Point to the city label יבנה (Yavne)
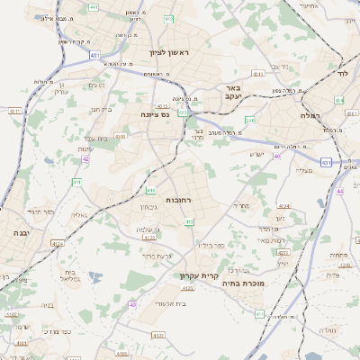[x=20, y=232]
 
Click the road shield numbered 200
[x=250, y=120]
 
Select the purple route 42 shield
[x=85, y=158]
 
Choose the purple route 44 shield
[x=339, y=192]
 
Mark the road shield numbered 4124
[x=58, y=244]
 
